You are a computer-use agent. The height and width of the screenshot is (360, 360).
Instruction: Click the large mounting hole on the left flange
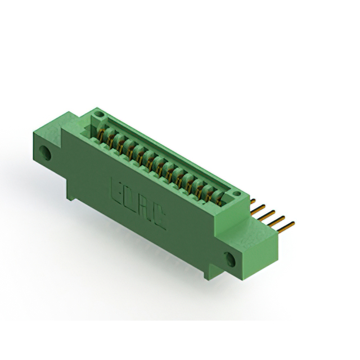(45, 152)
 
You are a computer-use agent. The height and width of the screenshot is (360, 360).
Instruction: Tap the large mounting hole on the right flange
(229, 259)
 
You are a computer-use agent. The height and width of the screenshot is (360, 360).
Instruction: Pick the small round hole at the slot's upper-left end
(98, 114)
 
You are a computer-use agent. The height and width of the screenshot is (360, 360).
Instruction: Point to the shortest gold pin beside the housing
(253, 201)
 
